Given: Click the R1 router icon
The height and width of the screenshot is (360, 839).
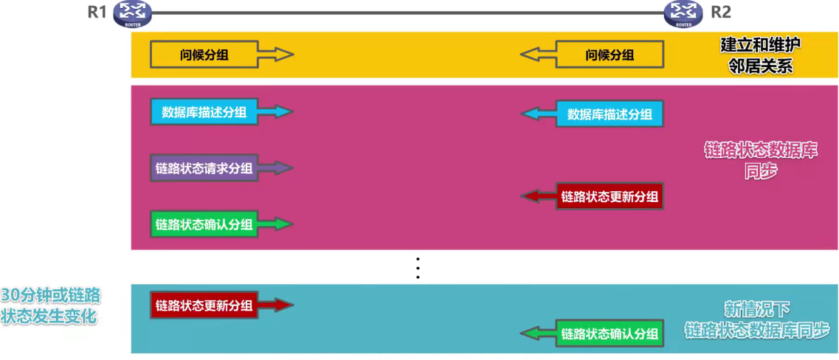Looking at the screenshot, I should click(132, 13).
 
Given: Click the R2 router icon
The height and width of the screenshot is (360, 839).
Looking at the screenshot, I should click(683, 13).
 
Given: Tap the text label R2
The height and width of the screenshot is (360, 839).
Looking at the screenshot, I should click(722, 13).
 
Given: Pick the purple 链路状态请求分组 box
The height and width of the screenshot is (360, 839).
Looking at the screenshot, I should click(204, 168).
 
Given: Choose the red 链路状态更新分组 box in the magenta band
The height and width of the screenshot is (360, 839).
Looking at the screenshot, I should click(610, 196).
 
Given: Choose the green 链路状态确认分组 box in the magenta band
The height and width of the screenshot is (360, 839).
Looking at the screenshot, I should click(204, 224).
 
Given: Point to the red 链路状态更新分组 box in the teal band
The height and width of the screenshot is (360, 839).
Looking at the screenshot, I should click(204, 305).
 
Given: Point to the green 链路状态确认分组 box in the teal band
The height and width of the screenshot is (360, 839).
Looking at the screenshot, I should click(610, 333).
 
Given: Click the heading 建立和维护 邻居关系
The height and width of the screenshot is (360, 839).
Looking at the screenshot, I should click(761, 55).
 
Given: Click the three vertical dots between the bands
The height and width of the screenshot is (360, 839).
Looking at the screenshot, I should click(418, 268).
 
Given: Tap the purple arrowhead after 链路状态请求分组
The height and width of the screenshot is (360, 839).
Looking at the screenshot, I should click(285, 168).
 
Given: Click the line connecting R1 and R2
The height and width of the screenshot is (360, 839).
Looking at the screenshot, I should click(406, 13).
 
